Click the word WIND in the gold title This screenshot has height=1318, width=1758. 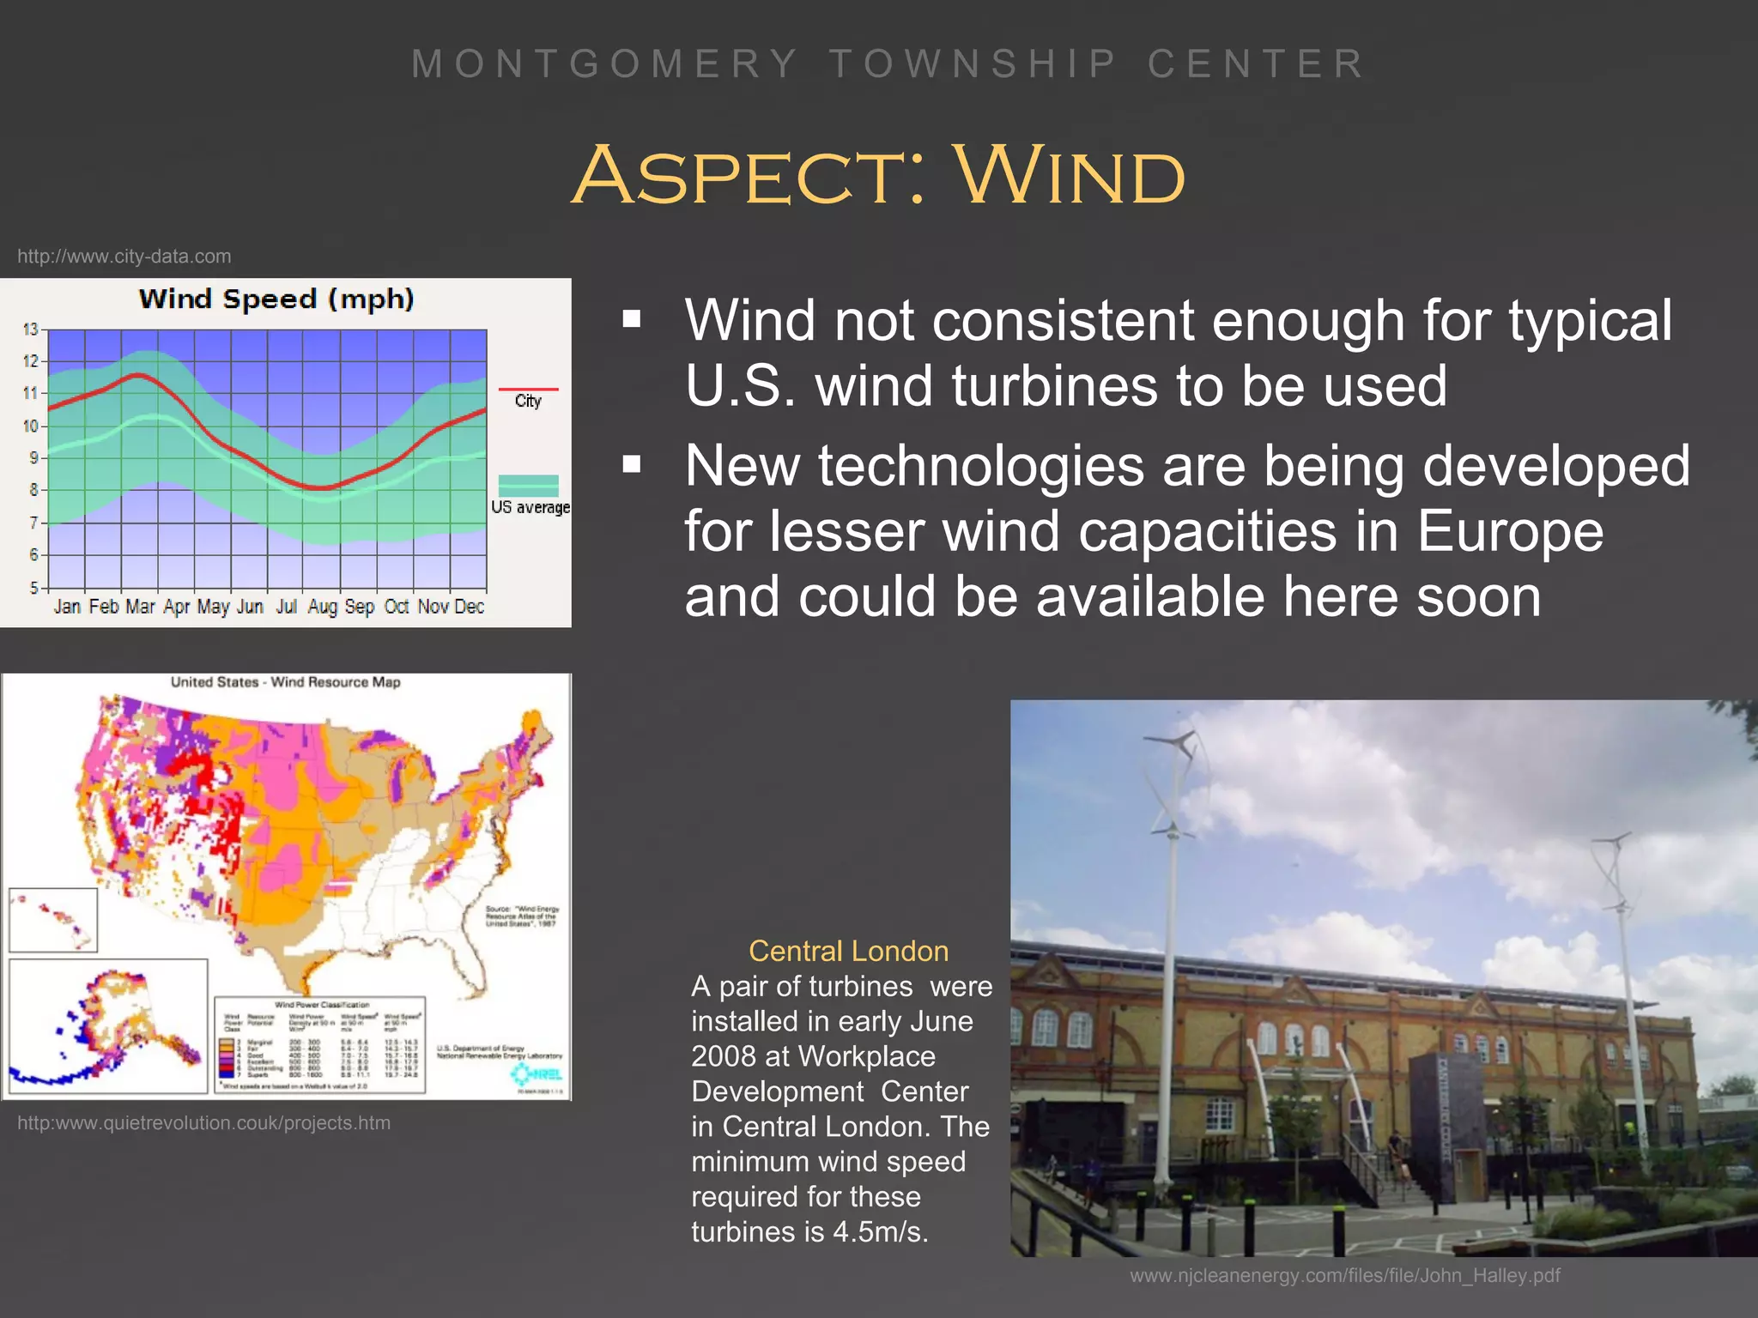[1069, 176]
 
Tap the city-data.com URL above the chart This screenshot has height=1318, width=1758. [124, 257]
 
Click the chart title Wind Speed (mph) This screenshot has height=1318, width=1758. [276, 299]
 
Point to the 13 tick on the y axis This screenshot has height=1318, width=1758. [31, 329]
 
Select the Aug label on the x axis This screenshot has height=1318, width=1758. [322, 607]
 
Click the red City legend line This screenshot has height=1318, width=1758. [528, 390]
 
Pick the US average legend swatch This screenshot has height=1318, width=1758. [528, 485]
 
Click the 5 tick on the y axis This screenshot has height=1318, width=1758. [34, 588]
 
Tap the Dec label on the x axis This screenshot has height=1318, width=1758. [470, 607]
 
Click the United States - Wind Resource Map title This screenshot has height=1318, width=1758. [285, 682]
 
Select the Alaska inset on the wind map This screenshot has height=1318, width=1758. [107, 1025]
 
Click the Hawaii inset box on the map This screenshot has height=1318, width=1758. [52, 920]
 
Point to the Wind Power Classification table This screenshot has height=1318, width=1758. [320, 1044]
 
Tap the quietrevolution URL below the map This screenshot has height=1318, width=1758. [203, 1123]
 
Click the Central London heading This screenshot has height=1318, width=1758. [848, 951]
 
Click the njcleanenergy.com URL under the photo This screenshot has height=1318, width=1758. [1344, 1276]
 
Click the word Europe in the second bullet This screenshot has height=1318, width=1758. [1509, 531]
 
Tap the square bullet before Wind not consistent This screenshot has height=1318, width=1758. [632, 320]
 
